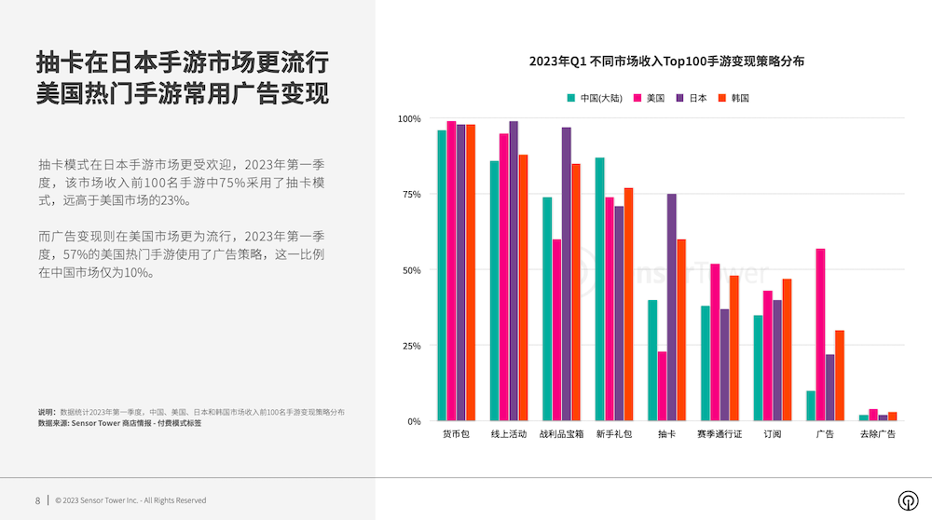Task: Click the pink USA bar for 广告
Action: [x=820, y=335]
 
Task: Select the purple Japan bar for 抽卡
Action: [x=671, y=308]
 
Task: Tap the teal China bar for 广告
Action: [x=811, y=405]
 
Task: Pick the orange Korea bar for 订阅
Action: [x=787, y=349]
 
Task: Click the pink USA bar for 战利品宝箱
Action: [x=556, y=330]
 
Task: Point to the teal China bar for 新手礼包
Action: [x=600, y=289]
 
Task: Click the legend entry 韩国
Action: [x=734, y=98]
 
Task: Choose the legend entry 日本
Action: [x=692, y=98]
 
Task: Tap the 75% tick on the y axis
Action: [x=409, y=195]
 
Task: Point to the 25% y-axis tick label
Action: [x=409, y=346]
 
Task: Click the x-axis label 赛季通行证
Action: [x=720, y=435]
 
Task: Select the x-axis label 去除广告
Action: [x=877, y=435]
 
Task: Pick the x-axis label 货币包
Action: [x=456, y=435]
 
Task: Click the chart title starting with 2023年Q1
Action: [x=666, y=62]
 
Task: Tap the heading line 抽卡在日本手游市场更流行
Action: [x=182, y=63]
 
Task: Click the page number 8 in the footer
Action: [x=37, y=500]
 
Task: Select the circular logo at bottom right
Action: [x=907, y=500]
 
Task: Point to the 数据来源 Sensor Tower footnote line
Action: [x=119, y=423]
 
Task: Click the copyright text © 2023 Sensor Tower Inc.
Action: [x=130, y=500]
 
